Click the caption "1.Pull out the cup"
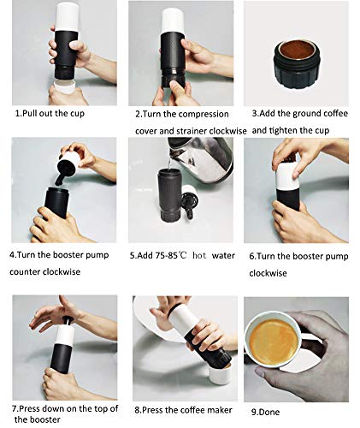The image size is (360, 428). point(53,113)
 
